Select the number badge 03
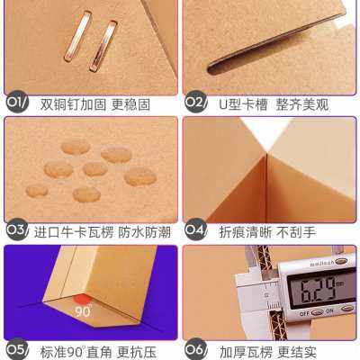tap(17, 230)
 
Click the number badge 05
tap(17, 348)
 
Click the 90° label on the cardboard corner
tap(83, 311)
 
